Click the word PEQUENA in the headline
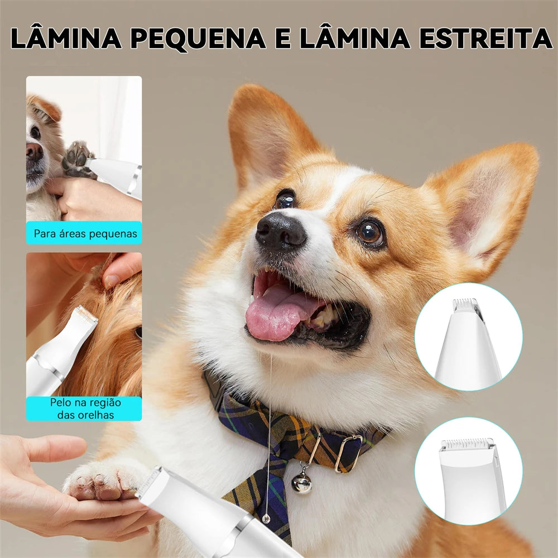coord(198,38)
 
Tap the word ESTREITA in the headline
coord(486,37)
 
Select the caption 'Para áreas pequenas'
coord(85,234)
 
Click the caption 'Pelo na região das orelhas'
coord(85,408)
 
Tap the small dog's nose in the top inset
coord(34,151)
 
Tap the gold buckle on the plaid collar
coord(348,453)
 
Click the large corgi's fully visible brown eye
coord(370,233)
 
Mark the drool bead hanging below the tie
coord(266,519)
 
